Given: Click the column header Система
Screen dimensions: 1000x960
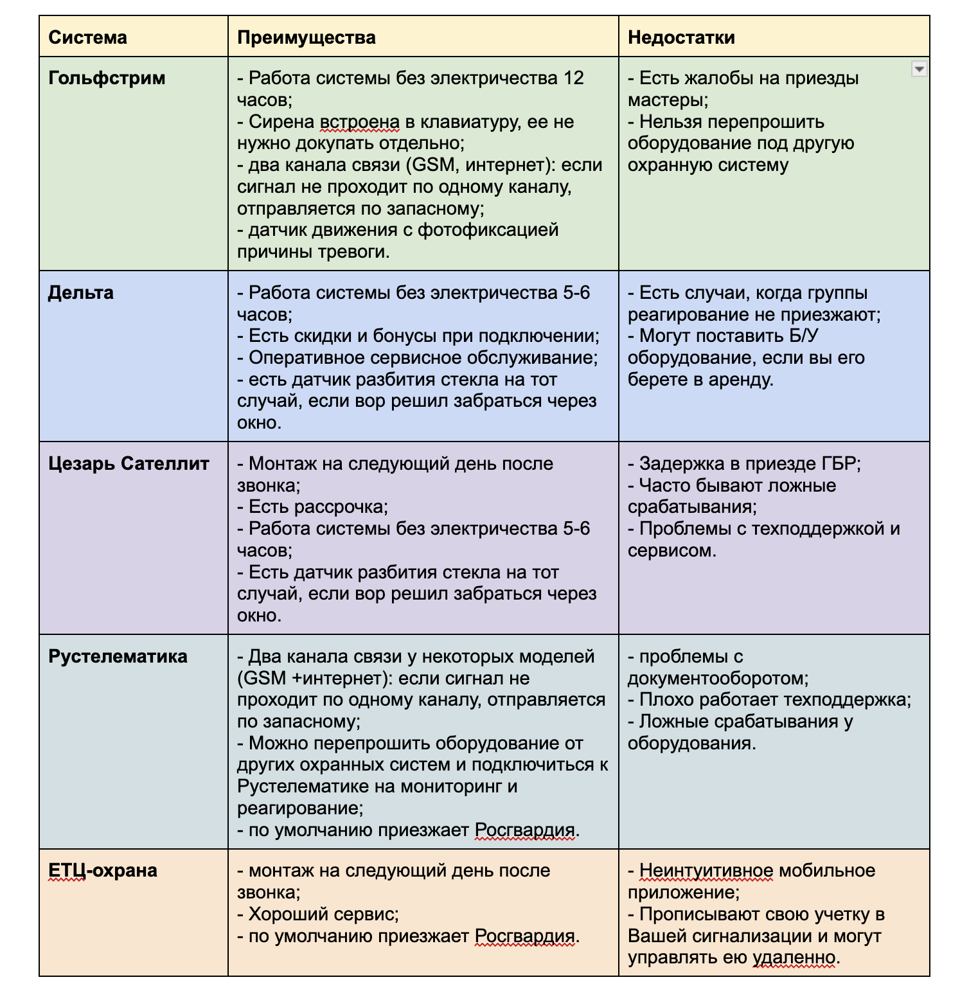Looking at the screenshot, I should point(87,37).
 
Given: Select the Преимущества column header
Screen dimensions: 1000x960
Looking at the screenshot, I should point(306,37).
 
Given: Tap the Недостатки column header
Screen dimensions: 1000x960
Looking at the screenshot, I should point(681,37).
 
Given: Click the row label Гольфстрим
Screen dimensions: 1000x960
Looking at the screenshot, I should point(107,78).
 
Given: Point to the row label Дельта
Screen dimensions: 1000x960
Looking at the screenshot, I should point(81,293).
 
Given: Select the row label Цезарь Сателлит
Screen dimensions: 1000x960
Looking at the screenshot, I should point(129,464).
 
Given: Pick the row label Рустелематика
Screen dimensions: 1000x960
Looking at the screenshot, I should point(118,657).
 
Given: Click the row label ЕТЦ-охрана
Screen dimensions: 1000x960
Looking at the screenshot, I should point(103,871).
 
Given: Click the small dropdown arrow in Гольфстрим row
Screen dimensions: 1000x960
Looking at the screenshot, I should point(919,69).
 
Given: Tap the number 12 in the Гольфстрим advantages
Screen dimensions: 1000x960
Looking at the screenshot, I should point(573,78).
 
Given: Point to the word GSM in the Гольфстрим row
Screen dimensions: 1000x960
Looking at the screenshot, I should point(432,165).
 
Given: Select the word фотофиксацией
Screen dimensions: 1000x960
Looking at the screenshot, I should point(488,230).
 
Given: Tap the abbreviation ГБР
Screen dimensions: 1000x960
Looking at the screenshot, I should point(839,464).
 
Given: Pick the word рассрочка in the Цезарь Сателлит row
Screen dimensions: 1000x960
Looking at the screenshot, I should point(340,507).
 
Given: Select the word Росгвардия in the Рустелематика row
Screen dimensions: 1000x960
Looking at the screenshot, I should point(524,830).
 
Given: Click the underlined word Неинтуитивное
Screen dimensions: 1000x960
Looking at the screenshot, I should point(706,871).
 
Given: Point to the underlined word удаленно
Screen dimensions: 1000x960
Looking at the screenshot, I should point(795,958).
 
